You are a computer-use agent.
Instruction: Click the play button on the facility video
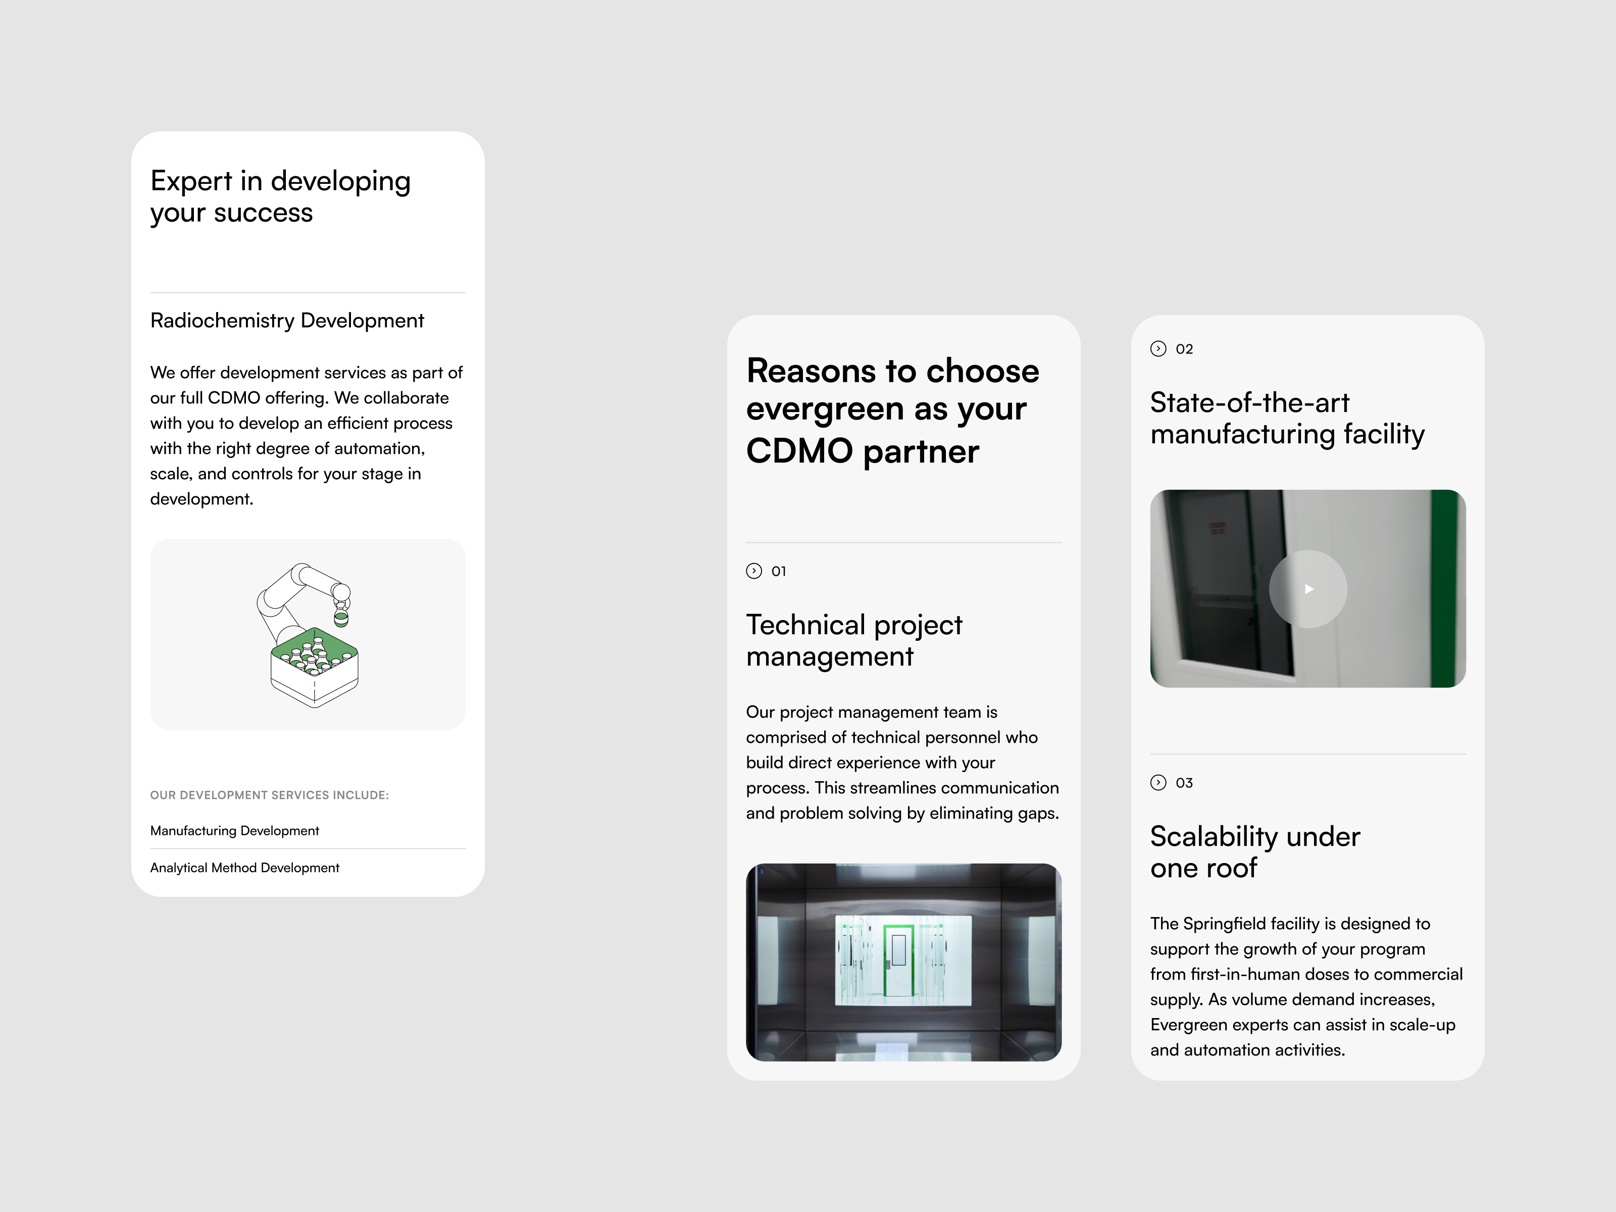(x=1308, y=589)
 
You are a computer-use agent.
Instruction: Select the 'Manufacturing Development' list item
(x=234, y=831)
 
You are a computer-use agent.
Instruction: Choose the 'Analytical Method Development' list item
(x=245, y=868)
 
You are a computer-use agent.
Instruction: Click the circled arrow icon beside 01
(x=754, y=571)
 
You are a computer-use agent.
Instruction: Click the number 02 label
(x=1184, y=349)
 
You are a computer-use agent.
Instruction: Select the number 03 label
(x=1184, y=783)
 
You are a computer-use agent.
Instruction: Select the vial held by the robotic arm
(x=340, y=619)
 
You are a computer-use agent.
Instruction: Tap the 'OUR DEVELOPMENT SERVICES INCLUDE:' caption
(x=269, y=795)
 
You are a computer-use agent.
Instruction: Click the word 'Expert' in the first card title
(x=191, y=181)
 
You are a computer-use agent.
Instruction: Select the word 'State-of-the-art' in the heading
(x=1249, y=402)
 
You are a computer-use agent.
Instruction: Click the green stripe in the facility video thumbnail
(x=1445, y=589)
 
